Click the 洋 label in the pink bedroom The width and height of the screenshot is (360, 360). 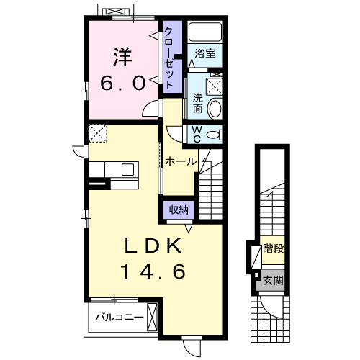123,57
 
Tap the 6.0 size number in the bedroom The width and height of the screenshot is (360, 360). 123,83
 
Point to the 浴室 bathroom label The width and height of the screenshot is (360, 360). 205,53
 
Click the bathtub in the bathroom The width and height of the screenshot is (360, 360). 205,32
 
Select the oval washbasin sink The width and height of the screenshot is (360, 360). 215,109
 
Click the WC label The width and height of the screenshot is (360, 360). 197,135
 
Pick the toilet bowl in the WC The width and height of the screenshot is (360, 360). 214,135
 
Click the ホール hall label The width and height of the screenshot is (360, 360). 181,161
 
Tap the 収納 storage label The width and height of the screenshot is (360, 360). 179,210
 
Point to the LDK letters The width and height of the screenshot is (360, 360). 153,246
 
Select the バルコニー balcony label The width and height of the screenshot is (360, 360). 120,318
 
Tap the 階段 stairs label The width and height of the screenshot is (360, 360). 274,248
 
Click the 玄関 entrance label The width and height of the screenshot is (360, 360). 274,280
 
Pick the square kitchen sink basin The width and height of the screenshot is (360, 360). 127,169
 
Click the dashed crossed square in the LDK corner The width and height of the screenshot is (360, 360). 98,133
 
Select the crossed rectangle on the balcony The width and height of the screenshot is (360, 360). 152,318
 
